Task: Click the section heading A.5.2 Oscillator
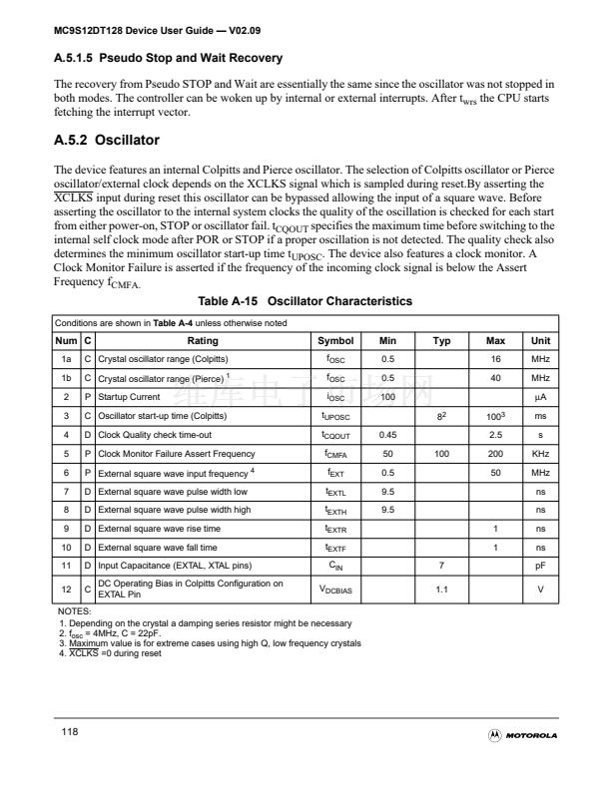[106, 141]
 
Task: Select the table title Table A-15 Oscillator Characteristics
[305, 301]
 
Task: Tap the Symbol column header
[335, 340]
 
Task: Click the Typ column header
[441, 340]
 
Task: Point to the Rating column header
[203, 340]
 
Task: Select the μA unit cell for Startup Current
[540, 397]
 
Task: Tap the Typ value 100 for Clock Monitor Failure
[441, 454]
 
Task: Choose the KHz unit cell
[540, 454]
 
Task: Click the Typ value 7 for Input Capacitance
[441, 567]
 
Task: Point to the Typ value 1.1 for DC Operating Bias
[441, 590]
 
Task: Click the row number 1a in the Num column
[66, 359]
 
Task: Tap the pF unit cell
[540, 567]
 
